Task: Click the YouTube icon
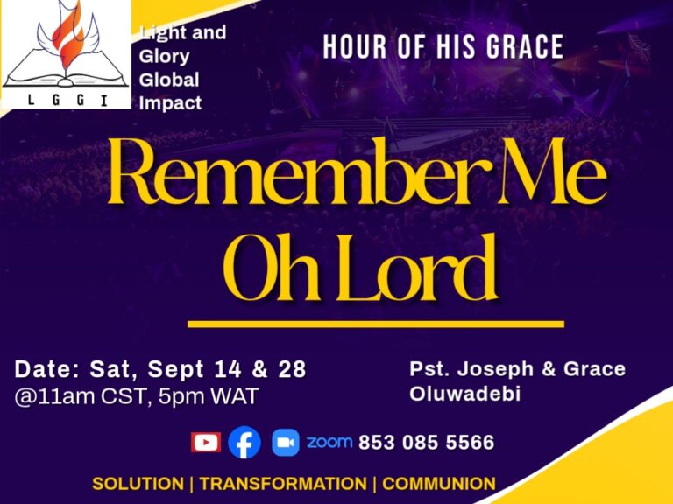(206, 442)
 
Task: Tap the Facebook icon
(244, 442)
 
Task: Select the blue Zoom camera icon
(286, 442)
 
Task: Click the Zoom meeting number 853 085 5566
(426, 442)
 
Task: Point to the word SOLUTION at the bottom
(138, 483)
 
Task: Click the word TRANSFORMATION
(283, 483)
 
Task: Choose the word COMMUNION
(439, 483)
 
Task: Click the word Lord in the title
(417, 268)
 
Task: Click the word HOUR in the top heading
(355, 46)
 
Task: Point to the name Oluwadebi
(464, 394)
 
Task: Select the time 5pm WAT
(209, 396)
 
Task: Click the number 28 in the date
(293, 369)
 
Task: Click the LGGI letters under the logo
(67, 100)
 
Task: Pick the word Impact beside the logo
(170, 103)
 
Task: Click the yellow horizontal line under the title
(376, 324)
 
